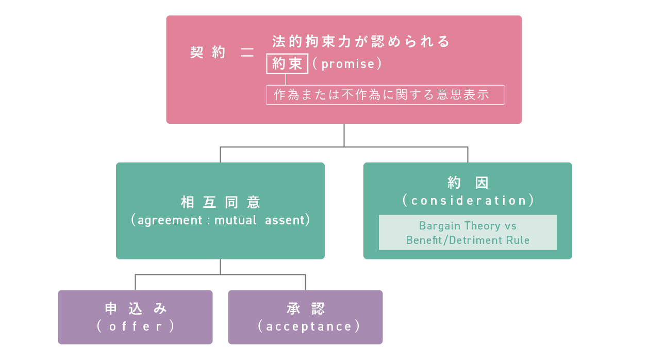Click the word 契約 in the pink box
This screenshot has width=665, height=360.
click(x=208, y=53)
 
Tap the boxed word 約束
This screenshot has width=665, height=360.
click(x=287, y=63)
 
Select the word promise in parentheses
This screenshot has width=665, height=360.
click(x=347, y=64)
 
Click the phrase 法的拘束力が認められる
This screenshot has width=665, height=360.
click(x=361, y=41)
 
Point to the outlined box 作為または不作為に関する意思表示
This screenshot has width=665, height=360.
click(x=385, y=95)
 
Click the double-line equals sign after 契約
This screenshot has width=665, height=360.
click(x=247, y=53)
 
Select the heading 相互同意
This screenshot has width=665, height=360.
click(x=221, y=202)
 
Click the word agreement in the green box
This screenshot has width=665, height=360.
click(x=170, y=221)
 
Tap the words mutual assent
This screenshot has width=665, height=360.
click(x=259, y=220)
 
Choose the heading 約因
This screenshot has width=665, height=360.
click(x=468, y=183)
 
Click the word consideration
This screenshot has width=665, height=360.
click(x=469, y=201)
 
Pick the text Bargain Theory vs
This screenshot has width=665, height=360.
click(x=468, y=226)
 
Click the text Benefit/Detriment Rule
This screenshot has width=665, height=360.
click(x=468, y=240)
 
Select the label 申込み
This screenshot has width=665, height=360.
click(x=136, y=308)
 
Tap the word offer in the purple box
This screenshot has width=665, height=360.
click(x=136, y=326)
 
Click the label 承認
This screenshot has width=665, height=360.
click(x=306, y=308)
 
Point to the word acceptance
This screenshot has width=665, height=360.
click(x=309, y=326)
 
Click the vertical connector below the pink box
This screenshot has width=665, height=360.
click(x=344, y=135)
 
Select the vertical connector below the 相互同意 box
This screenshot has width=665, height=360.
click(x=220, y=267)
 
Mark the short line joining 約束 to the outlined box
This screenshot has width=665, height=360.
click(x=286, y=79)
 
